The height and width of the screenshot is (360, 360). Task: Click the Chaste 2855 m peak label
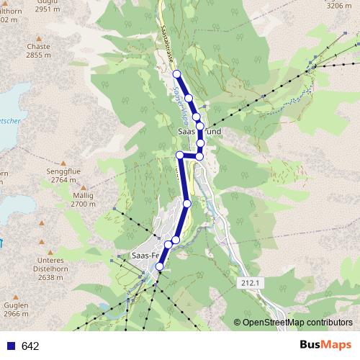(x=37, y=50)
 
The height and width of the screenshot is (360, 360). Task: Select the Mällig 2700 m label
(x=83, y=199)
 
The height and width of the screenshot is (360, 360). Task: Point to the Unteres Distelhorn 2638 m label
(x=50, y=269)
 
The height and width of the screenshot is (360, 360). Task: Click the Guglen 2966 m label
(x=16, y=310)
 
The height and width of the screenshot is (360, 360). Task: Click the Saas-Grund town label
(x=199, y=132)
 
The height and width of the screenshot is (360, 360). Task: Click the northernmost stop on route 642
(x=176, y=73)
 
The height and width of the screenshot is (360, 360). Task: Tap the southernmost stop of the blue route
(x=159, y=267)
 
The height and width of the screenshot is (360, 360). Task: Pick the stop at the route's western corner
(x=179, y=155)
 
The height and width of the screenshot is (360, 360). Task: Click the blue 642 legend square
(x=10, y=346)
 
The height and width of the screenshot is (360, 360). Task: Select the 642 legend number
(x=30, y=346)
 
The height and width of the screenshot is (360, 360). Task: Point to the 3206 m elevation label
(x=338, y=5)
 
